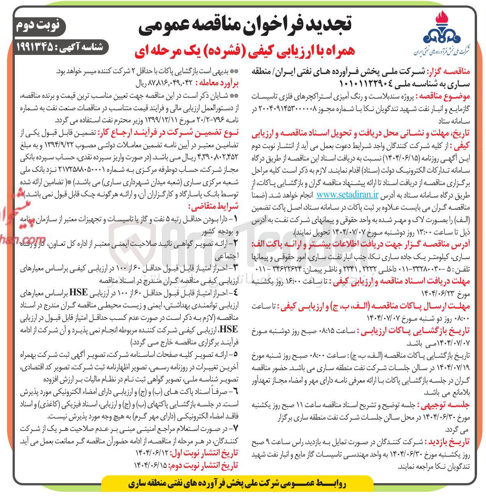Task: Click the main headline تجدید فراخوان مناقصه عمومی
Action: tap(246, 24)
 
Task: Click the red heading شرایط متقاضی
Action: tap(218, 206)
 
